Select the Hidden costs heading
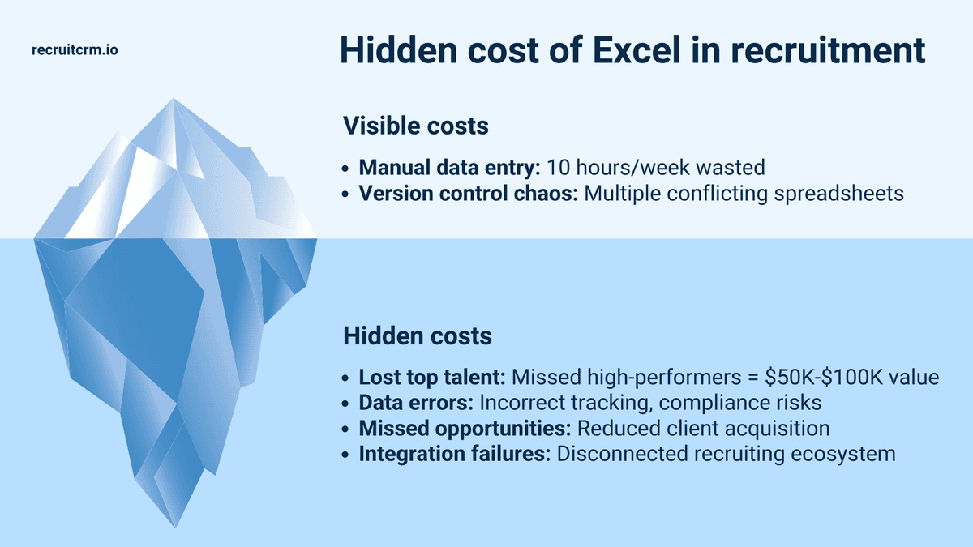[417, 335]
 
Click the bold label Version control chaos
[467, 194]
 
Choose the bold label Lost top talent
[434, 378]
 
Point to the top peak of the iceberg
[173, 100]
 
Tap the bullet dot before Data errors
[347, 404]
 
